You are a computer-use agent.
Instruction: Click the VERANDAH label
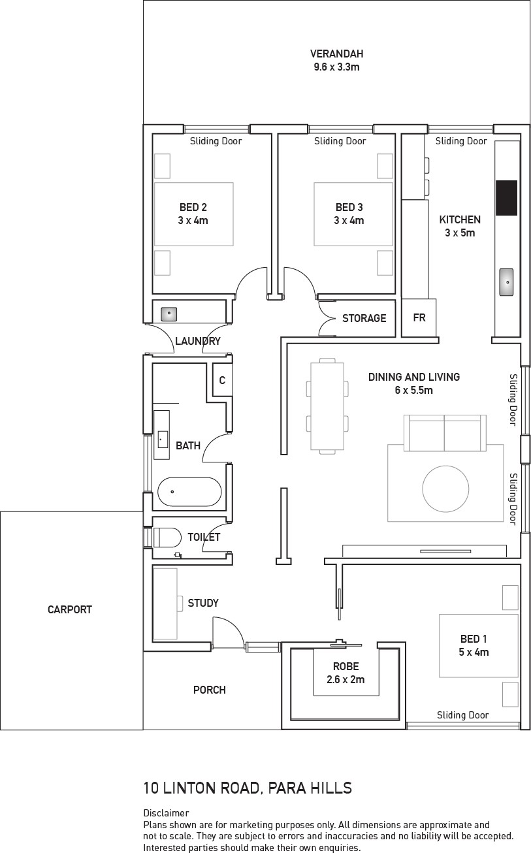point(337,54)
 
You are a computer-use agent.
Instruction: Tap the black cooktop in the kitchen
point(507,198)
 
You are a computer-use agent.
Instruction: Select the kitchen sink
point(507,282)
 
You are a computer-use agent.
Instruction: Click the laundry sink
point(169,314)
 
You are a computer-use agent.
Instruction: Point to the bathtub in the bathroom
point(189,492)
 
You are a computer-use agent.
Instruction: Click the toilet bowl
point(167,538)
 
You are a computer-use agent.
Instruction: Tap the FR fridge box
point(419,317)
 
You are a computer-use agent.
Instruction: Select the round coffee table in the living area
point(445,489)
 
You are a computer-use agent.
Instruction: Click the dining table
point(327,406)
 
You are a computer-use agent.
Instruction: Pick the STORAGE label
point(364,318)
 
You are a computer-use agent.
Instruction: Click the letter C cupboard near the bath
point(222,379)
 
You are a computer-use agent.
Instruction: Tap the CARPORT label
point(70,609)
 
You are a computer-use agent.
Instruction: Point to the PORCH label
point(210,690)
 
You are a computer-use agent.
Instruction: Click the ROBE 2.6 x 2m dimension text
point(346,679)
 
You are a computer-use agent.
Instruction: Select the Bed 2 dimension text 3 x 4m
point(193,221)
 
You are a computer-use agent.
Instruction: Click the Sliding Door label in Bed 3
point(340,141)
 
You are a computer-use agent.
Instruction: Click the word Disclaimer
point(166,813)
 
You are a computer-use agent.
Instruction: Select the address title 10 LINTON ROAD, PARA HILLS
point(248,788)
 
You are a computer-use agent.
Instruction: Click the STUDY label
point(203,604)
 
